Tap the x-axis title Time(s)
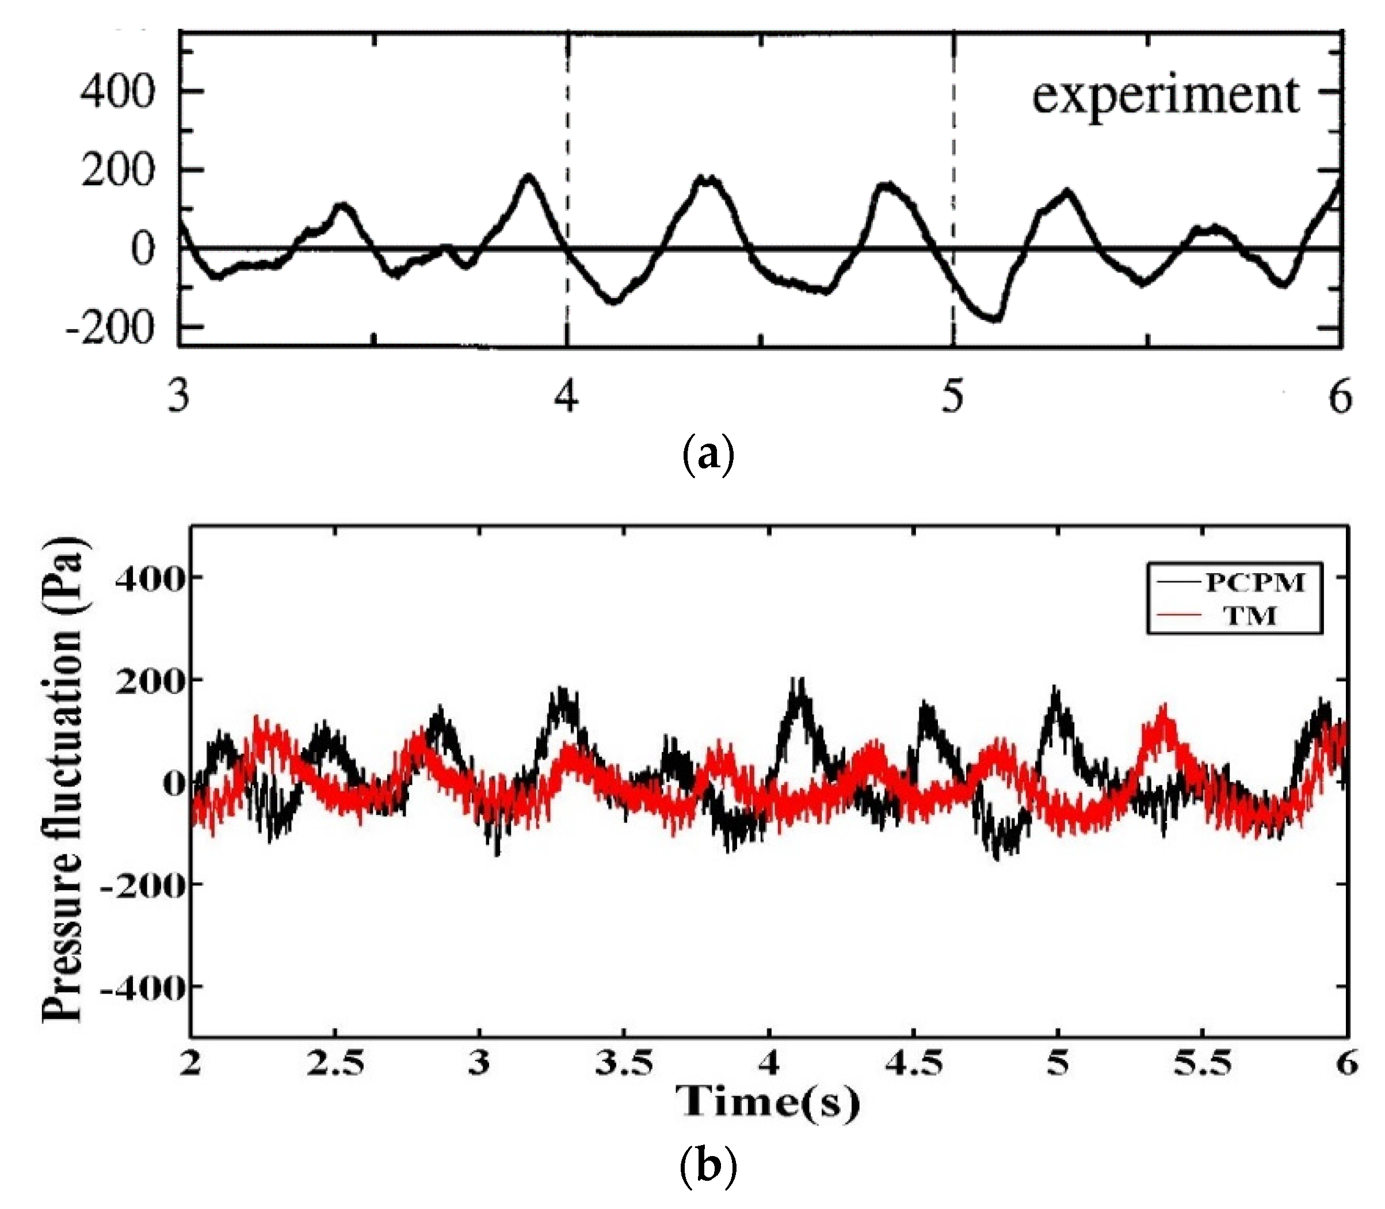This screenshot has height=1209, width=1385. coord(768,1103)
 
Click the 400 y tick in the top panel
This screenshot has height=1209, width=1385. coord(117,91)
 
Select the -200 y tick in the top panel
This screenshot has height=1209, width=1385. coord(110,329)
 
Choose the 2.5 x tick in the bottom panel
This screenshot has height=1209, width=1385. coord(335,1065)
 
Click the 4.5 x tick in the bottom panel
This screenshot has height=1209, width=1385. coord(913,1065)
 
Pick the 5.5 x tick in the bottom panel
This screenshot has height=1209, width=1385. coord(1202,1065)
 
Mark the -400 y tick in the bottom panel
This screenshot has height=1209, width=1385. coord(143,987)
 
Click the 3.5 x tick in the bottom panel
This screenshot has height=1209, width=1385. coord(624,1065)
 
